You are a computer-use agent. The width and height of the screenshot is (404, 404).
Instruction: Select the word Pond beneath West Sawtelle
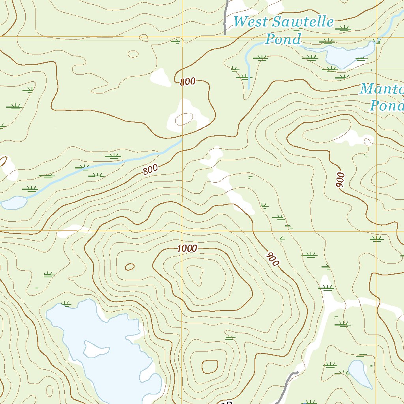283,39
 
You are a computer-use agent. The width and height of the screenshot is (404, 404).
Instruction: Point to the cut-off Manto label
382,89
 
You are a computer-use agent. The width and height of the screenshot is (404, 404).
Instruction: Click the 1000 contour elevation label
187,249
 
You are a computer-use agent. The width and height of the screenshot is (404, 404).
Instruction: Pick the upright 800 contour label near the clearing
188,82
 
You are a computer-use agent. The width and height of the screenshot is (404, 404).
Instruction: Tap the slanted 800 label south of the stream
150,170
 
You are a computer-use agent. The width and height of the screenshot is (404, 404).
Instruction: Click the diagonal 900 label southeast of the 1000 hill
273,258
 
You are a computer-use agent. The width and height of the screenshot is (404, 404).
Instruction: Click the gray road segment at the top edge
226,18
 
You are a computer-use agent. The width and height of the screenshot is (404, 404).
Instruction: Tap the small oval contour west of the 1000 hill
130,267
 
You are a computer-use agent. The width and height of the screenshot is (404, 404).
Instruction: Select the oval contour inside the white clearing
183,119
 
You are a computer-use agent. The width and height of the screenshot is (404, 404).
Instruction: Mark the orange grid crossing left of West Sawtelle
183,37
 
